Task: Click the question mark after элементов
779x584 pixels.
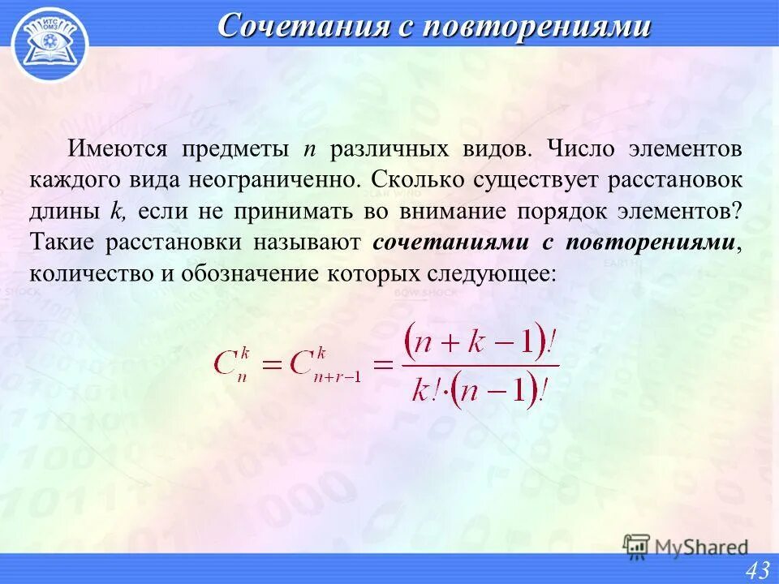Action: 737,211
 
